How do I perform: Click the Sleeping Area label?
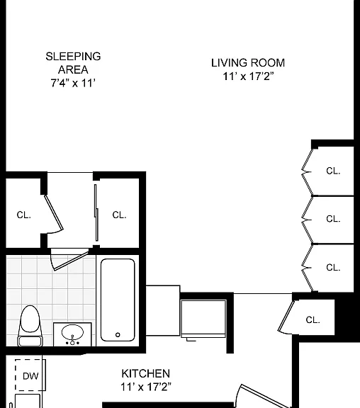73,63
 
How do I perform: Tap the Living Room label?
248,63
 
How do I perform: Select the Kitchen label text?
146,374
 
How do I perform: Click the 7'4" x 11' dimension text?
73,83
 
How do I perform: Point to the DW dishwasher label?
30,376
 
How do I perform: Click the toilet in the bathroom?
30,326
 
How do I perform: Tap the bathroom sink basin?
72,332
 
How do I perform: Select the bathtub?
118,300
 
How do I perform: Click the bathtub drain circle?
118,335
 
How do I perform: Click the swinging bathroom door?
70,260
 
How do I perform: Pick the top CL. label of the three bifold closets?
333,171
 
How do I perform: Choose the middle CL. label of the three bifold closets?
333,219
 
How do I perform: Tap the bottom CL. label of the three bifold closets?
333,268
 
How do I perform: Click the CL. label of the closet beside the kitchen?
313,319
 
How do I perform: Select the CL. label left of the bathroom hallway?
23,215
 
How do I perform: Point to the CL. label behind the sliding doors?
120,215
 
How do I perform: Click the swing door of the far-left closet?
54,212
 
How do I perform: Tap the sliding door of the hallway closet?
96,212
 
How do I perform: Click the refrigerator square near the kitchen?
203,319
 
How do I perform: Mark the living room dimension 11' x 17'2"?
248,76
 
